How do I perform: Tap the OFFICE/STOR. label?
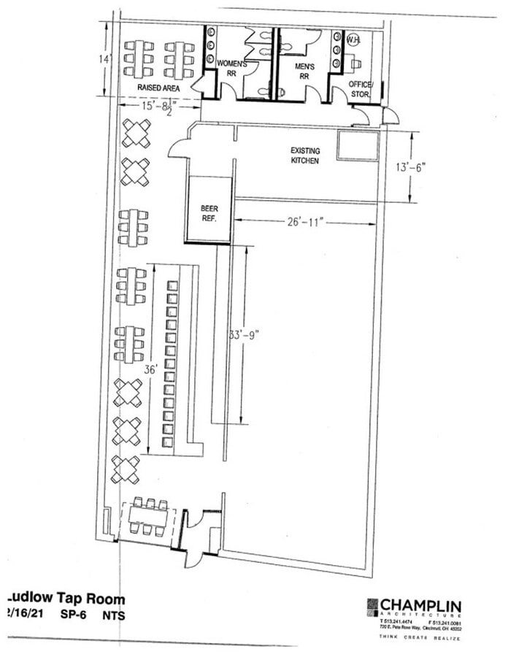[361, 88]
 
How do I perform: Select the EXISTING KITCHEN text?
[305, 155]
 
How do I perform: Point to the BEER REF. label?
[209, 212]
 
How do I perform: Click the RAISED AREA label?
[159, 88]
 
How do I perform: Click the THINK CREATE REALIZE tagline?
[419, 637]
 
